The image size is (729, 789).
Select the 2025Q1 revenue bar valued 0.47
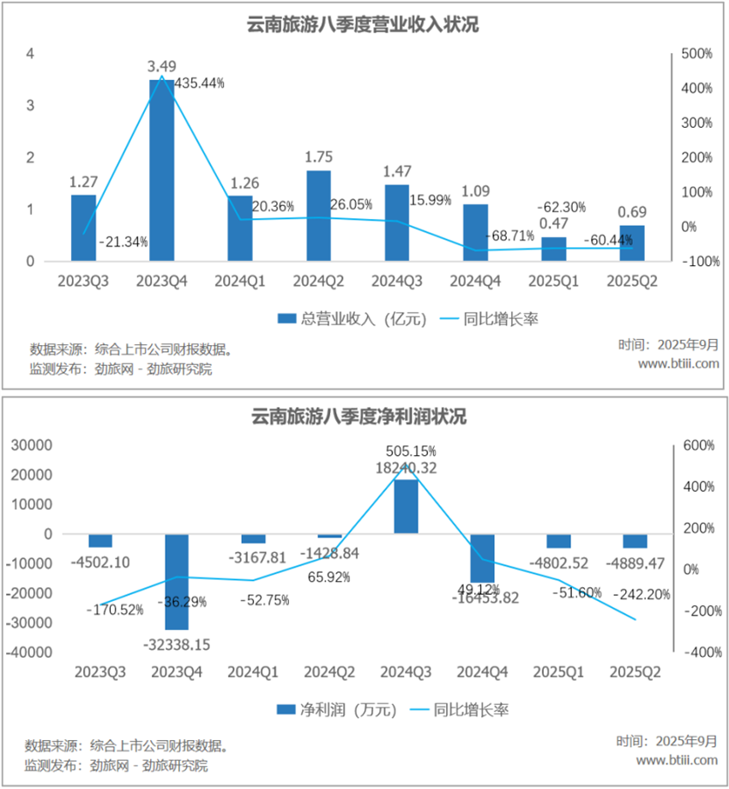(x=554, y=249)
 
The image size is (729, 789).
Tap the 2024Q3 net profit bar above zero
(x=406, y=506)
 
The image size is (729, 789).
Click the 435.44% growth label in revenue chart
(x=199, y=83)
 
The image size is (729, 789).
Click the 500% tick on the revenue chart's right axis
(x=696, y=53)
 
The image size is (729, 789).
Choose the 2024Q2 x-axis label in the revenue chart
(x=319, y=282)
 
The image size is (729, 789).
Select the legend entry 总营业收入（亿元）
(x=340, y=319)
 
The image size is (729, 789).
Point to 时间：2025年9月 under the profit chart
(x=666, y=741)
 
